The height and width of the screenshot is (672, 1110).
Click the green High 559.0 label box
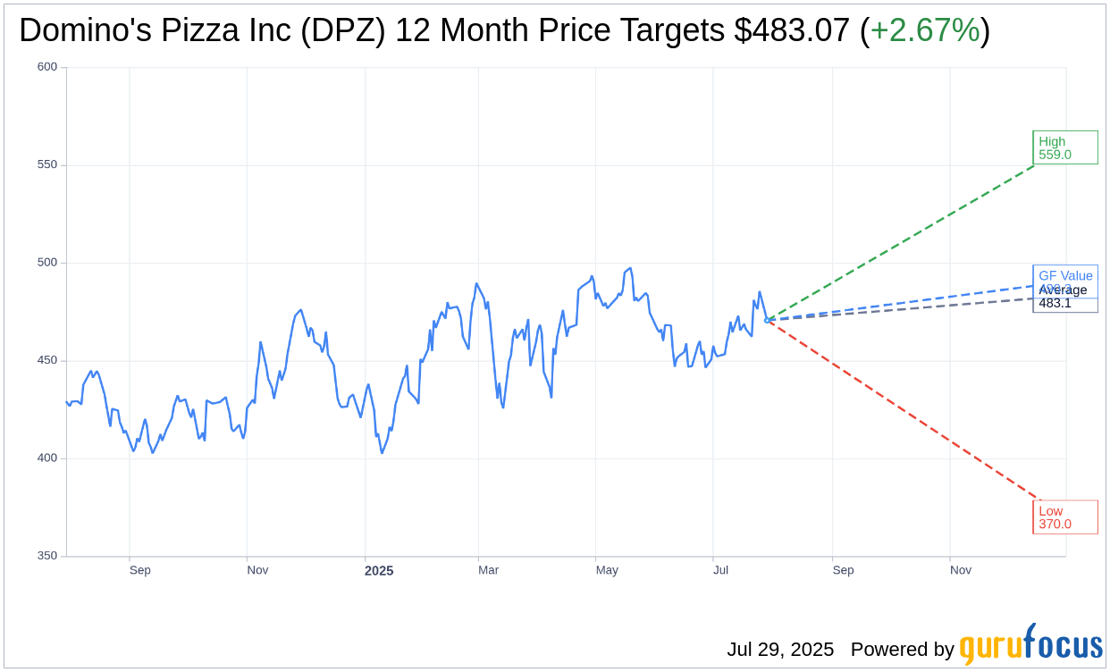1064,147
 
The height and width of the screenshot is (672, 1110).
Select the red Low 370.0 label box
1064,517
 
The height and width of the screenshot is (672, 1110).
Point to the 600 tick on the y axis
47,67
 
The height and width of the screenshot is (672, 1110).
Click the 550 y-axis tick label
47,164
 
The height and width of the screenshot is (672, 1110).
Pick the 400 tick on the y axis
47,458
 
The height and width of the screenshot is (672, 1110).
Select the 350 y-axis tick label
47,556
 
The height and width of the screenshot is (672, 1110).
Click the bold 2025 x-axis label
378,571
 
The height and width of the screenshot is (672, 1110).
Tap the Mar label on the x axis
488,570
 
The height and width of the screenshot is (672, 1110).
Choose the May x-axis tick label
607,570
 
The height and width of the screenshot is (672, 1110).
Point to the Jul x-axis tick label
720,570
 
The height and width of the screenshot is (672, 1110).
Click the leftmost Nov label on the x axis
257,570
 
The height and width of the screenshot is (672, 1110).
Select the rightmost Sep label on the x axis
843,570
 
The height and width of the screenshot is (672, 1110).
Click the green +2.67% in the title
925,30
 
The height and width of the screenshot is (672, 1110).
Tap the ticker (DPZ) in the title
343,30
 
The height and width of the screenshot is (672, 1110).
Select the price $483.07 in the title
792,30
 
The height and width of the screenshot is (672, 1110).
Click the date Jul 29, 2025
780,649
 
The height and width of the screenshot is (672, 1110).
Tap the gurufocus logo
1030,645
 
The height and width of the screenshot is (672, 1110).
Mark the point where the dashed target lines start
767,320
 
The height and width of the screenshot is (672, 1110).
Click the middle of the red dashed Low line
903,409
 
